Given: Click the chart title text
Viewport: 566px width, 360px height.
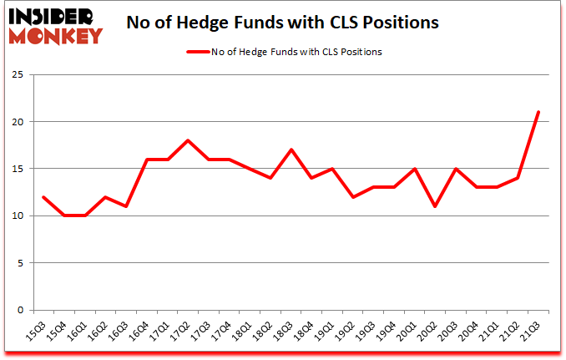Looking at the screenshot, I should tap(282, 23).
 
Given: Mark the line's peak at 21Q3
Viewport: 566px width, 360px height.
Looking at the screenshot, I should tap(538, 113).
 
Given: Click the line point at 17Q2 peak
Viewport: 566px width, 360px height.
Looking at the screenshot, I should tap(187, 140).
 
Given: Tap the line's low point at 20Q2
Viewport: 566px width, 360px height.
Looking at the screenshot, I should tap(435, 206).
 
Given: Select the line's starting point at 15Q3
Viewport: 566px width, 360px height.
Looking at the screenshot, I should tap(43, 197).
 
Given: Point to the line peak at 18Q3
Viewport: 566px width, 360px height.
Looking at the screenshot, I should tap(291, 150).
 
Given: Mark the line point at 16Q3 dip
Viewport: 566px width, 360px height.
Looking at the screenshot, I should tap(125, 206).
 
